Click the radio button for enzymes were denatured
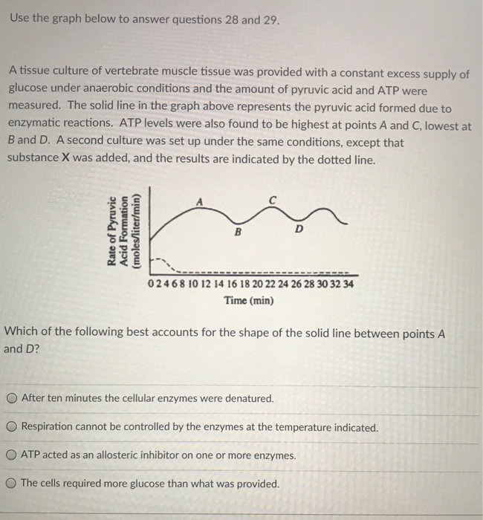(x=12, y=398)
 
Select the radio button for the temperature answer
(x=12, y=427)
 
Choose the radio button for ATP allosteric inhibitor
(x=12, y=455)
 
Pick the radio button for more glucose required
(x=12, y=483)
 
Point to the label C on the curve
(x=273, y=200)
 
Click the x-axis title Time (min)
(x=249, y=301)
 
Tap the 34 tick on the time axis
(x=349, y=285)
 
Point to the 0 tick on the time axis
(x=151, y=285)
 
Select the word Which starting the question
(x=22, y=334)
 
